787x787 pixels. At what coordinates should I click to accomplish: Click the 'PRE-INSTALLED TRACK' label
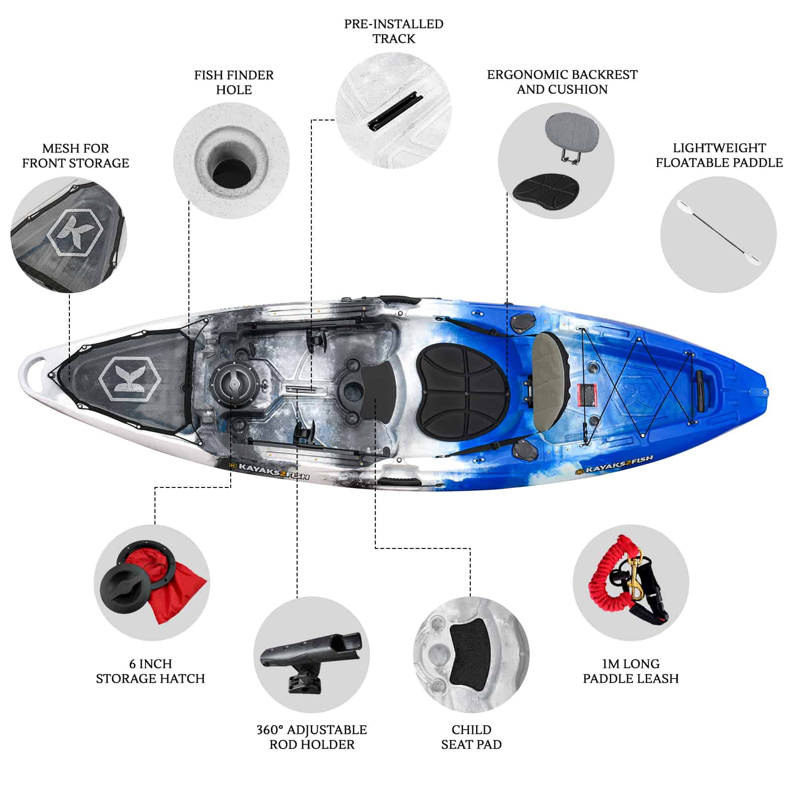click(x=393, y=31)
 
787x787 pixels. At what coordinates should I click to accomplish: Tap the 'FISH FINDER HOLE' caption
click(x=234, y=82)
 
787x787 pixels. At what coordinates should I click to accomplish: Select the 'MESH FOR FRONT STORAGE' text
click(x=75, y=155)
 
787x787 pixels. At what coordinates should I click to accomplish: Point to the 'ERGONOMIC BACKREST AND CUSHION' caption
click(x=562, y=82)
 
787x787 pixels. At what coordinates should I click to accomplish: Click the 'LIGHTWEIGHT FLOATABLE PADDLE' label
click(x=719, y=155)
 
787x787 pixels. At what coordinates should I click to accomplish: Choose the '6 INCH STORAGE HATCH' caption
click(x=150, y=671)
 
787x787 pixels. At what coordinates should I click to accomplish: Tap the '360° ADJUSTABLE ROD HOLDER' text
click(x=312, y=737)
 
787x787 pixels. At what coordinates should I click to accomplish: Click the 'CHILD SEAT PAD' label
click(x=471, y=737)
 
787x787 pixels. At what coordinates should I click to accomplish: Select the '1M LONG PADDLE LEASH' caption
click(x=631, y=671)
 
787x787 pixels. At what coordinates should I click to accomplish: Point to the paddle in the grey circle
click(x=719, y=233)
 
